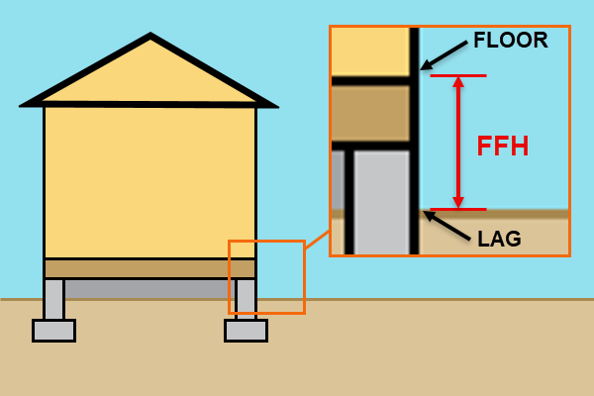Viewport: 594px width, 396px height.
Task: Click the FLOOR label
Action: click(x=510, y=41)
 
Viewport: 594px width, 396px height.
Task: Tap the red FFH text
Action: click(x=502, y=147)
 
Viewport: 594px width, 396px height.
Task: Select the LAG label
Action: click(x=499, y=239)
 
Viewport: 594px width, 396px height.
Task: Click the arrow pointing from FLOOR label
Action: click(x=445, y=54)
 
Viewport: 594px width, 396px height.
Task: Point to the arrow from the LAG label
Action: click(x=447, y=225)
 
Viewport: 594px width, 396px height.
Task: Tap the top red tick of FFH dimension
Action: click(x=457, y=75)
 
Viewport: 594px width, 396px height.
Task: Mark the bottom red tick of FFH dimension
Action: click(x=457, y=209)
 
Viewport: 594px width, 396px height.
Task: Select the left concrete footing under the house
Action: click(x=53, y=330)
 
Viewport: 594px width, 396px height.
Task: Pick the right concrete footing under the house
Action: click(x=246, y=330)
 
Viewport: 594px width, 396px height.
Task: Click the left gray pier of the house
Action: click(x=53, y=298)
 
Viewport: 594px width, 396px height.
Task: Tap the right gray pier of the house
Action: click(x=246, y=298)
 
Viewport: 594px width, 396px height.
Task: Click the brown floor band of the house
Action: click(x=149, y=268)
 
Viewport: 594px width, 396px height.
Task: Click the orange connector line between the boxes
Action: click(x=317, y=239)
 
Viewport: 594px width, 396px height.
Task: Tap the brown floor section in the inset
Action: click(x=369, y=113)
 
